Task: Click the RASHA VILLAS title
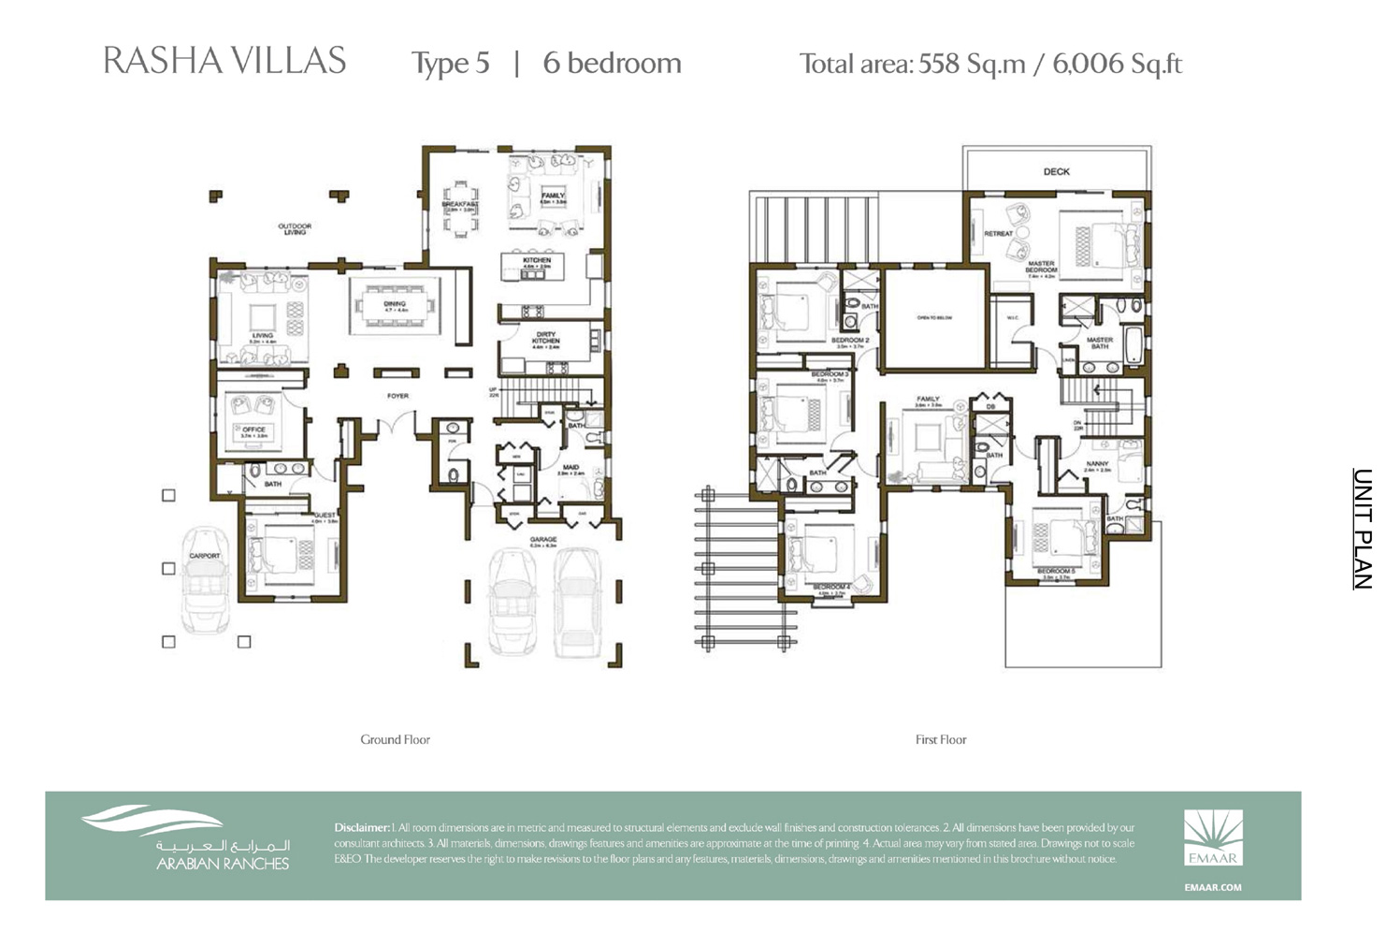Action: (x=224, y=62)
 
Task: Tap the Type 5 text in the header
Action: (x=450, y=64)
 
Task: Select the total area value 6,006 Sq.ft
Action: (x=1117, y=64)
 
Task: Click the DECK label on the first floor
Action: (x=1056, y=172)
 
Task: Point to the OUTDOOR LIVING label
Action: (x=295, y=228)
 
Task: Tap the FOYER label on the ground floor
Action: (x=397, y=396)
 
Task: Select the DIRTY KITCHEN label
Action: (x=546, y=338)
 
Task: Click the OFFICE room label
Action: (x=254, y=430)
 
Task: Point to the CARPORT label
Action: (x=205, y=556)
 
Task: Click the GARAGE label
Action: (x=543, y=540)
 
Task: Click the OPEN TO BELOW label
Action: (x=934, y=318)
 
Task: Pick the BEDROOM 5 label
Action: (x=1055, y=571)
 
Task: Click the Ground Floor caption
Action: (x=395, y=739)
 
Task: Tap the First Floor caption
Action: (x=941, y=739)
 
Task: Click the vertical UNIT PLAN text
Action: (x=1363, y=529)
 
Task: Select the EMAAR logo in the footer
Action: (x=1213, y=838)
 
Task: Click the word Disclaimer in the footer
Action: (x=361, y=827)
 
